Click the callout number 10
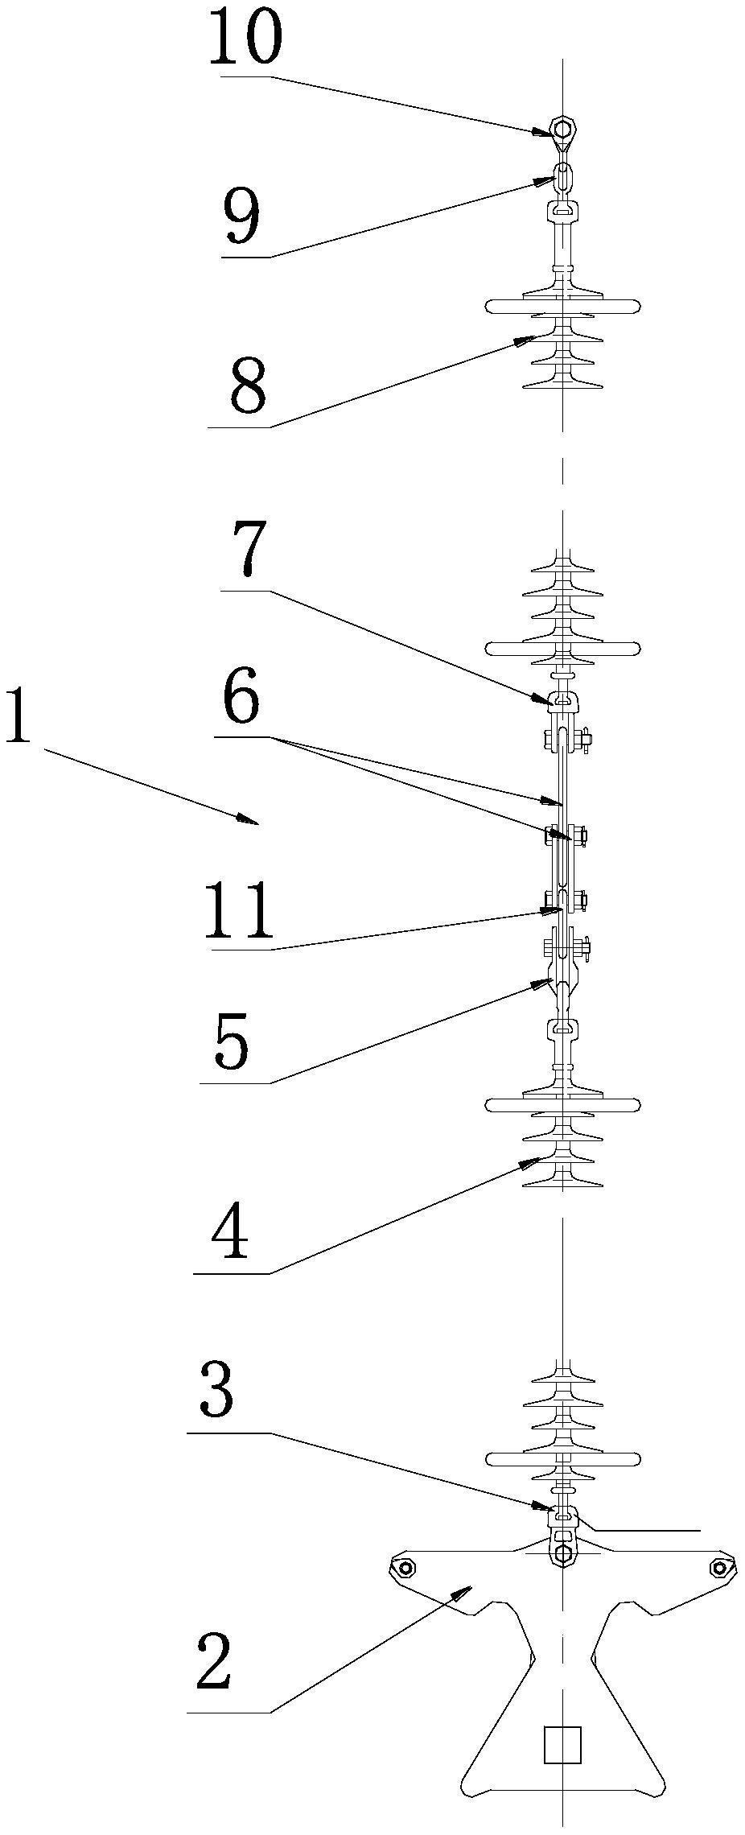pos(245,36)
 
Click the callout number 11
pos(239,911)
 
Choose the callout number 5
pos(233,1043)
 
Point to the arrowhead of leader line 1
pos(246,819)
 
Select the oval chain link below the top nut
pos(562,176)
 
